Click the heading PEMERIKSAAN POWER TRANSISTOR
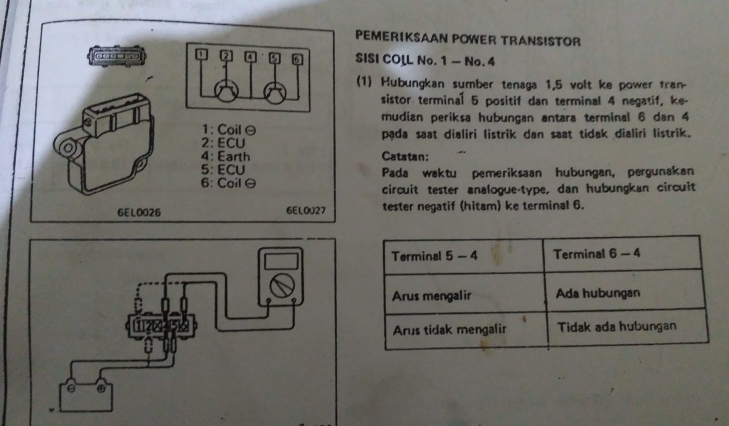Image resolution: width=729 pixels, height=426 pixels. pos(468,39)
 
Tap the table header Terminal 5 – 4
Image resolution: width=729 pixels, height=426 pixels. pos(434,256)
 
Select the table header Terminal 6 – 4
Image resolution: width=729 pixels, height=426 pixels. pos(596,253)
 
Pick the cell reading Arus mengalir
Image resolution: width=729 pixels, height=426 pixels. pos(431,296)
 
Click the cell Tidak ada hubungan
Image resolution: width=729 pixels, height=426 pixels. pos(617,326)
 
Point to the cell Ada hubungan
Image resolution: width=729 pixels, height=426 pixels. pos(598,293)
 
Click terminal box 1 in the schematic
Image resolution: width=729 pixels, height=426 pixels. pos(201,54)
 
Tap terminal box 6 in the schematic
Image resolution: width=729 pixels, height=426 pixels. pos(297,59)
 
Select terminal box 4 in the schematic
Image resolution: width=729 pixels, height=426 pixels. pos(250,57)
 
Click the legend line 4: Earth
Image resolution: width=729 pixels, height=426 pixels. pos(226,156)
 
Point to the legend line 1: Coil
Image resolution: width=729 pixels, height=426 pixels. pos(229,130)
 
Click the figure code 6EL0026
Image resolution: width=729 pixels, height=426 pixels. pos(139,212)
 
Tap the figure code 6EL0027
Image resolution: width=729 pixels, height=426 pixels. pos(306,210)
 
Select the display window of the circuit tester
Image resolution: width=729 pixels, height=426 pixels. pos(281,261)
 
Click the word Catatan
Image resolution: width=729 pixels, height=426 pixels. pos(405,156)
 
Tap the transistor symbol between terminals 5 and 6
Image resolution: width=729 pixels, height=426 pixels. pos(275,93)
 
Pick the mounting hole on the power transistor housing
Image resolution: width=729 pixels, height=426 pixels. pos(68,148)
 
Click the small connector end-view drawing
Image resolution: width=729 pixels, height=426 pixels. pos(116,56)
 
